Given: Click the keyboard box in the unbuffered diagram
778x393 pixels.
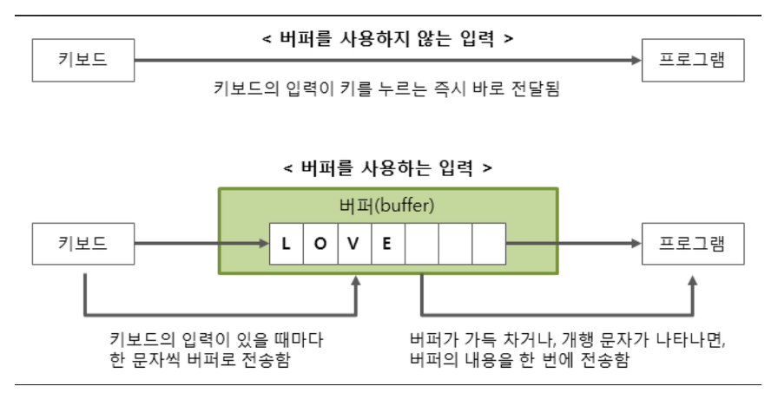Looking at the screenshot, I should pos(83,62).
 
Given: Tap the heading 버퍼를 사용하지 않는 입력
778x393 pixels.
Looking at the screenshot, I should pos(389,39).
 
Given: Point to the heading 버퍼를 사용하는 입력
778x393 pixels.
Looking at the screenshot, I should pos(389,167).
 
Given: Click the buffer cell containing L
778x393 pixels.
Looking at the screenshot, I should pos(285,243).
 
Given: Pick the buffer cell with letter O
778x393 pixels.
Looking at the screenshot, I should pos(319,243).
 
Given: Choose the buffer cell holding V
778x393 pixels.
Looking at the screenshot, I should pos(353,243).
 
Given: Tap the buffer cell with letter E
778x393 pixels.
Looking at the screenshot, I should pos(386,243).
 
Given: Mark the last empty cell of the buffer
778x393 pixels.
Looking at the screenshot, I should pos(488,243).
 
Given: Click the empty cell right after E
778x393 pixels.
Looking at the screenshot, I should pos(420,243).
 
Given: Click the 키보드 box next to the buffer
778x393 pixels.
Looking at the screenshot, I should pos(83,243).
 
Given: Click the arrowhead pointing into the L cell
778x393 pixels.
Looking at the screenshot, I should pos(263,243).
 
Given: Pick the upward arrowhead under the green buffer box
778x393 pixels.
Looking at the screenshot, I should pos(356,282).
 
